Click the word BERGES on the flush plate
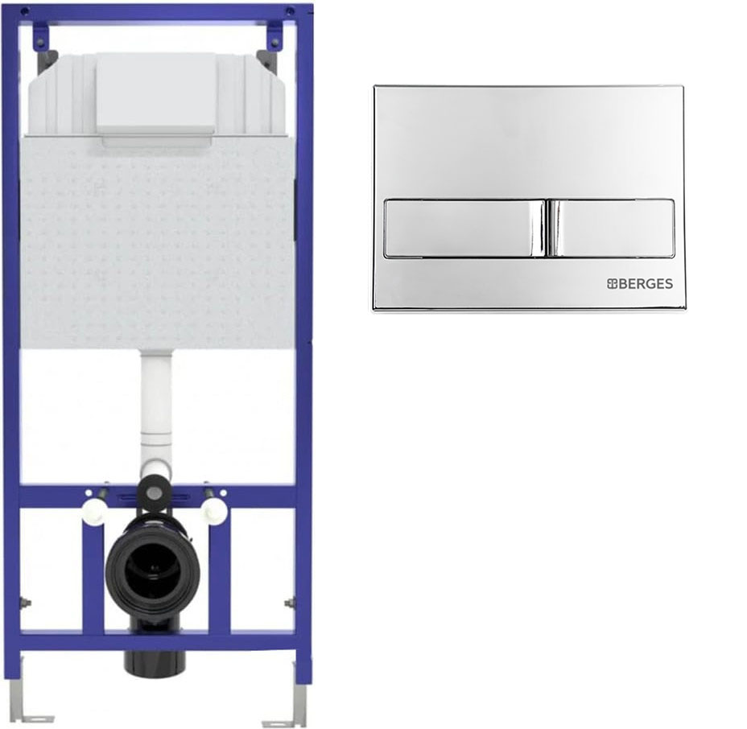click(646, 284)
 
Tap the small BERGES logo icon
click(613, 284)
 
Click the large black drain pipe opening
click(152, 567)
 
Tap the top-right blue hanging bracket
click(274, 35)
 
